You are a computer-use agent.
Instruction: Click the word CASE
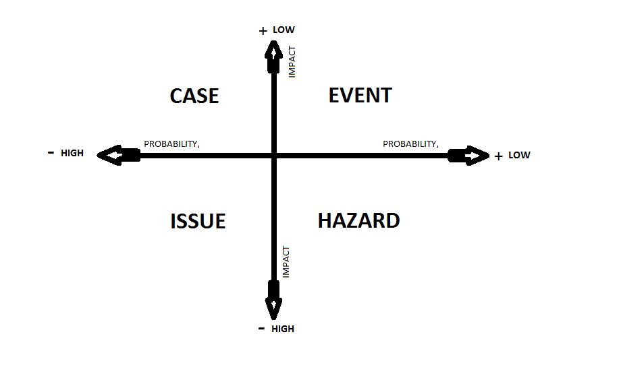194,96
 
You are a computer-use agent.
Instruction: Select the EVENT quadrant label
360,96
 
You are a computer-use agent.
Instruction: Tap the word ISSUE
198,221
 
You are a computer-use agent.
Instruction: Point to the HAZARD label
358,220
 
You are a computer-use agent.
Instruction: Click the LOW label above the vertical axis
284,30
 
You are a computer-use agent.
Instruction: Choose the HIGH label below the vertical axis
283,329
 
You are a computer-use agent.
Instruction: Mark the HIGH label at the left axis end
72,153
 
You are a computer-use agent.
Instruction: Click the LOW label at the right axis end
519,155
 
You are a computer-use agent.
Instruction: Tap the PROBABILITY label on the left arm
171,144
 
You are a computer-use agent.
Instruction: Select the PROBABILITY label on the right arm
410,144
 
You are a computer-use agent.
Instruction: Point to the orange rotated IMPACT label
292,61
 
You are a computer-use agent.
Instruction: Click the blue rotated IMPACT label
286,262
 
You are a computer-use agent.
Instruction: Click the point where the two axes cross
273,156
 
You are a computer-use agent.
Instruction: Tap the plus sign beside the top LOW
263,31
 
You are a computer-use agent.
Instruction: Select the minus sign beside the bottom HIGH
261,328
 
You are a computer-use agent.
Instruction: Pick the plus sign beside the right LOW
498,156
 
